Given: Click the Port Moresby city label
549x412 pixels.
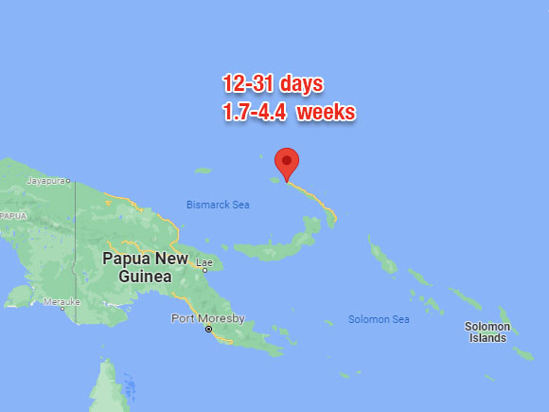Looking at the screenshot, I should pos(207,317).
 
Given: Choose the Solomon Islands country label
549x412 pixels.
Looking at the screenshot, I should pos(487,332).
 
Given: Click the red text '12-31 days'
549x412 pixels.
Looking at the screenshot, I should pos(273,84).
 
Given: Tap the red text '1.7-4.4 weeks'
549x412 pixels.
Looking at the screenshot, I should pos(288,113).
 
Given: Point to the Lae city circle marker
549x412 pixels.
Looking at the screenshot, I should pos(204,269).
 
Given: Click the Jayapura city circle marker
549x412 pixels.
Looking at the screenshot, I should pos(68,180).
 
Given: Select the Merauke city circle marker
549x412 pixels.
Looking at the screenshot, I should pos(62,307).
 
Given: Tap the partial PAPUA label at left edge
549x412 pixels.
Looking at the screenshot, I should pos(12,216).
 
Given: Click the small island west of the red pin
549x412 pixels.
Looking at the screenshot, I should pos(204,171).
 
